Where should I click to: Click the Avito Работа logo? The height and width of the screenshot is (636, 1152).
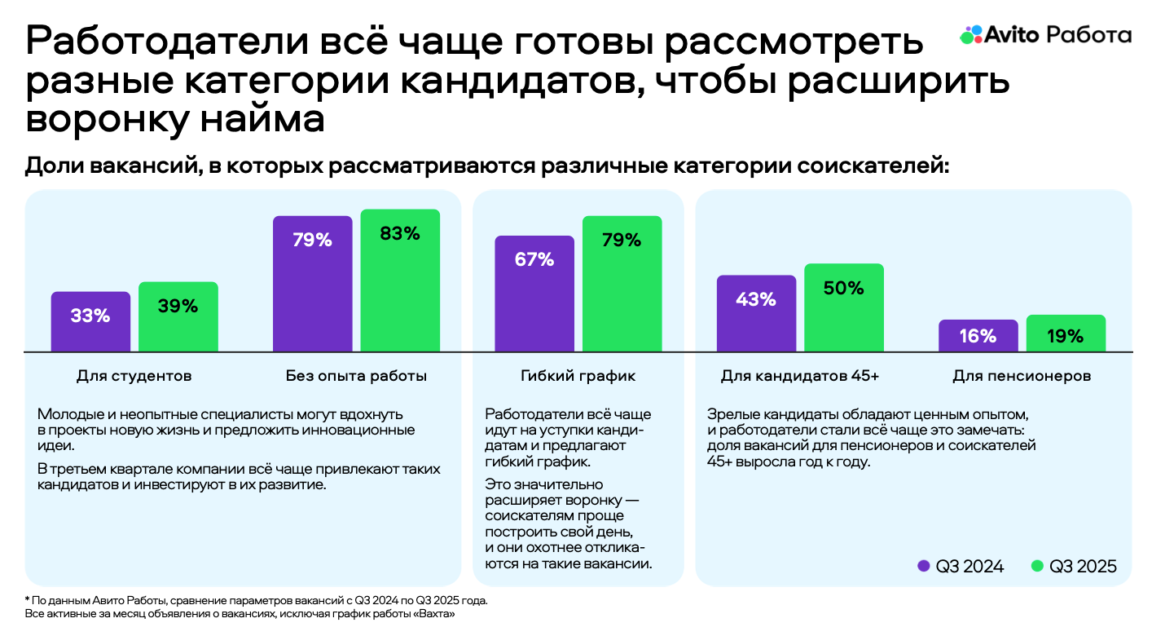point(1045,34)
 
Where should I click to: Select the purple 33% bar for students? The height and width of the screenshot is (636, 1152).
point(90,321)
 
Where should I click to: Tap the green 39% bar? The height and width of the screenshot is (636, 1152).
point(178,316)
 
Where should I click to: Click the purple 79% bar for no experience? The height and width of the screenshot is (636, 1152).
point(312,283)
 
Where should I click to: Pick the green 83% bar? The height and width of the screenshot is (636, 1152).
point(400,280)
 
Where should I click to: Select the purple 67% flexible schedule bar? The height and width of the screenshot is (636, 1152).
point(534,293)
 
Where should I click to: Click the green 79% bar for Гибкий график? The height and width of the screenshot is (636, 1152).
point(622,283)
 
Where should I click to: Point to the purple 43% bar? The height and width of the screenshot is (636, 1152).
point(756,313)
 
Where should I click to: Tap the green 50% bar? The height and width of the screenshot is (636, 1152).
point(844,307)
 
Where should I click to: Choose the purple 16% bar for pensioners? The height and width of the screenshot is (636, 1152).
point(978,335)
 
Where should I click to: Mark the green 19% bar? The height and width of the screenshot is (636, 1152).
point(1066,333)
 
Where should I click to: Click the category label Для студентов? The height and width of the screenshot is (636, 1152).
point(134,376)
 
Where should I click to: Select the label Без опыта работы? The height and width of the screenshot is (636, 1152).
point(356,376)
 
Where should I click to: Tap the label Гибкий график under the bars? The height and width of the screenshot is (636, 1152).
point(578,376)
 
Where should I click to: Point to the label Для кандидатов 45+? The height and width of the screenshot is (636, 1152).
point(800,376)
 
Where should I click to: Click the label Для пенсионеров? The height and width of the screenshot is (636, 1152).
point(1022,376)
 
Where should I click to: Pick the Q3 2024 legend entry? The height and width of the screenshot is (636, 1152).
point(961,567)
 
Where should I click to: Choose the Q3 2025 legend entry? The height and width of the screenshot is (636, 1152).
point(1074,567)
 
